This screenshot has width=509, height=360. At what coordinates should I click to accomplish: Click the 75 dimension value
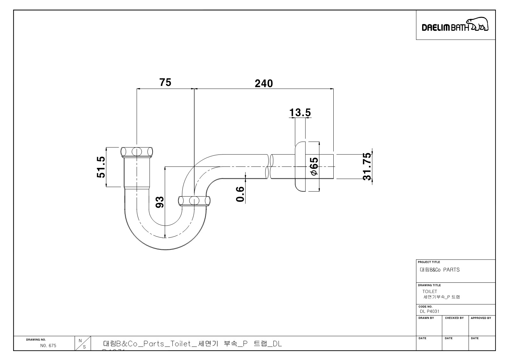coord(165,82)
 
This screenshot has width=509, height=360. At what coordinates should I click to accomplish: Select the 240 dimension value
coord(264,83)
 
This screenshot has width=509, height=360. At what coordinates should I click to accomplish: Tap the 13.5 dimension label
coord(300,113)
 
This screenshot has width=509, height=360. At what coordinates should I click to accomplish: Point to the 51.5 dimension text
coord(101,167)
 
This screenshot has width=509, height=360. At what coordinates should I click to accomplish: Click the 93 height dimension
coord(160,202)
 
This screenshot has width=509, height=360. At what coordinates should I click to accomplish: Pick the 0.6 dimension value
coord(240,194)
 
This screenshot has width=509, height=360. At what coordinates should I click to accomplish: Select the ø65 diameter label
coord(314,166)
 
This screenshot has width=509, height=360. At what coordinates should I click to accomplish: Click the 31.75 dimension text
coord(367,166)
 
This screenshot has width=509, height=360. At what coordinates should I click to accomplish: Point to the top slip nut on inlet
coord(137,151)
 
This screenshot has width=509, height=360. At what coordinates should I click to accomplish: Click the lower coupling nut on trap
coord(195,201)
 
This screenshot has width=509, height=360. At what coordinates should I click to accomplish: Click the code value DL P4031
coord(430,311)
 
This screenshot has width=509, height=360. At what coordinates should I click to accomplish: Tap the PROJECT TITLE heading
coord(429,262)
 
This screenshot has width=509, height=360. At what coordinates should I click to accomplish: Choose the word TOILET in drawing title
coord(430,291)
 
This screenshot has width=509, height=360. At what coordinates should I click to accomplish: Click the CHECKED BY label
coord(454,318)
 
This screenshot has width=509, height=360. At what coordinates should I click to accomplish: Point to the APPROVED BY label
coord(481,318)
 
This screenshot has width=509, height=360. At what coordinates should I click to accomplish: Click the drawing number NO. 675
coord(48,346)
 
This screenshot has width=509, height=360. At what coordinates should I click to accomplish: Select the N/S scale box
coord(82,343)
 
